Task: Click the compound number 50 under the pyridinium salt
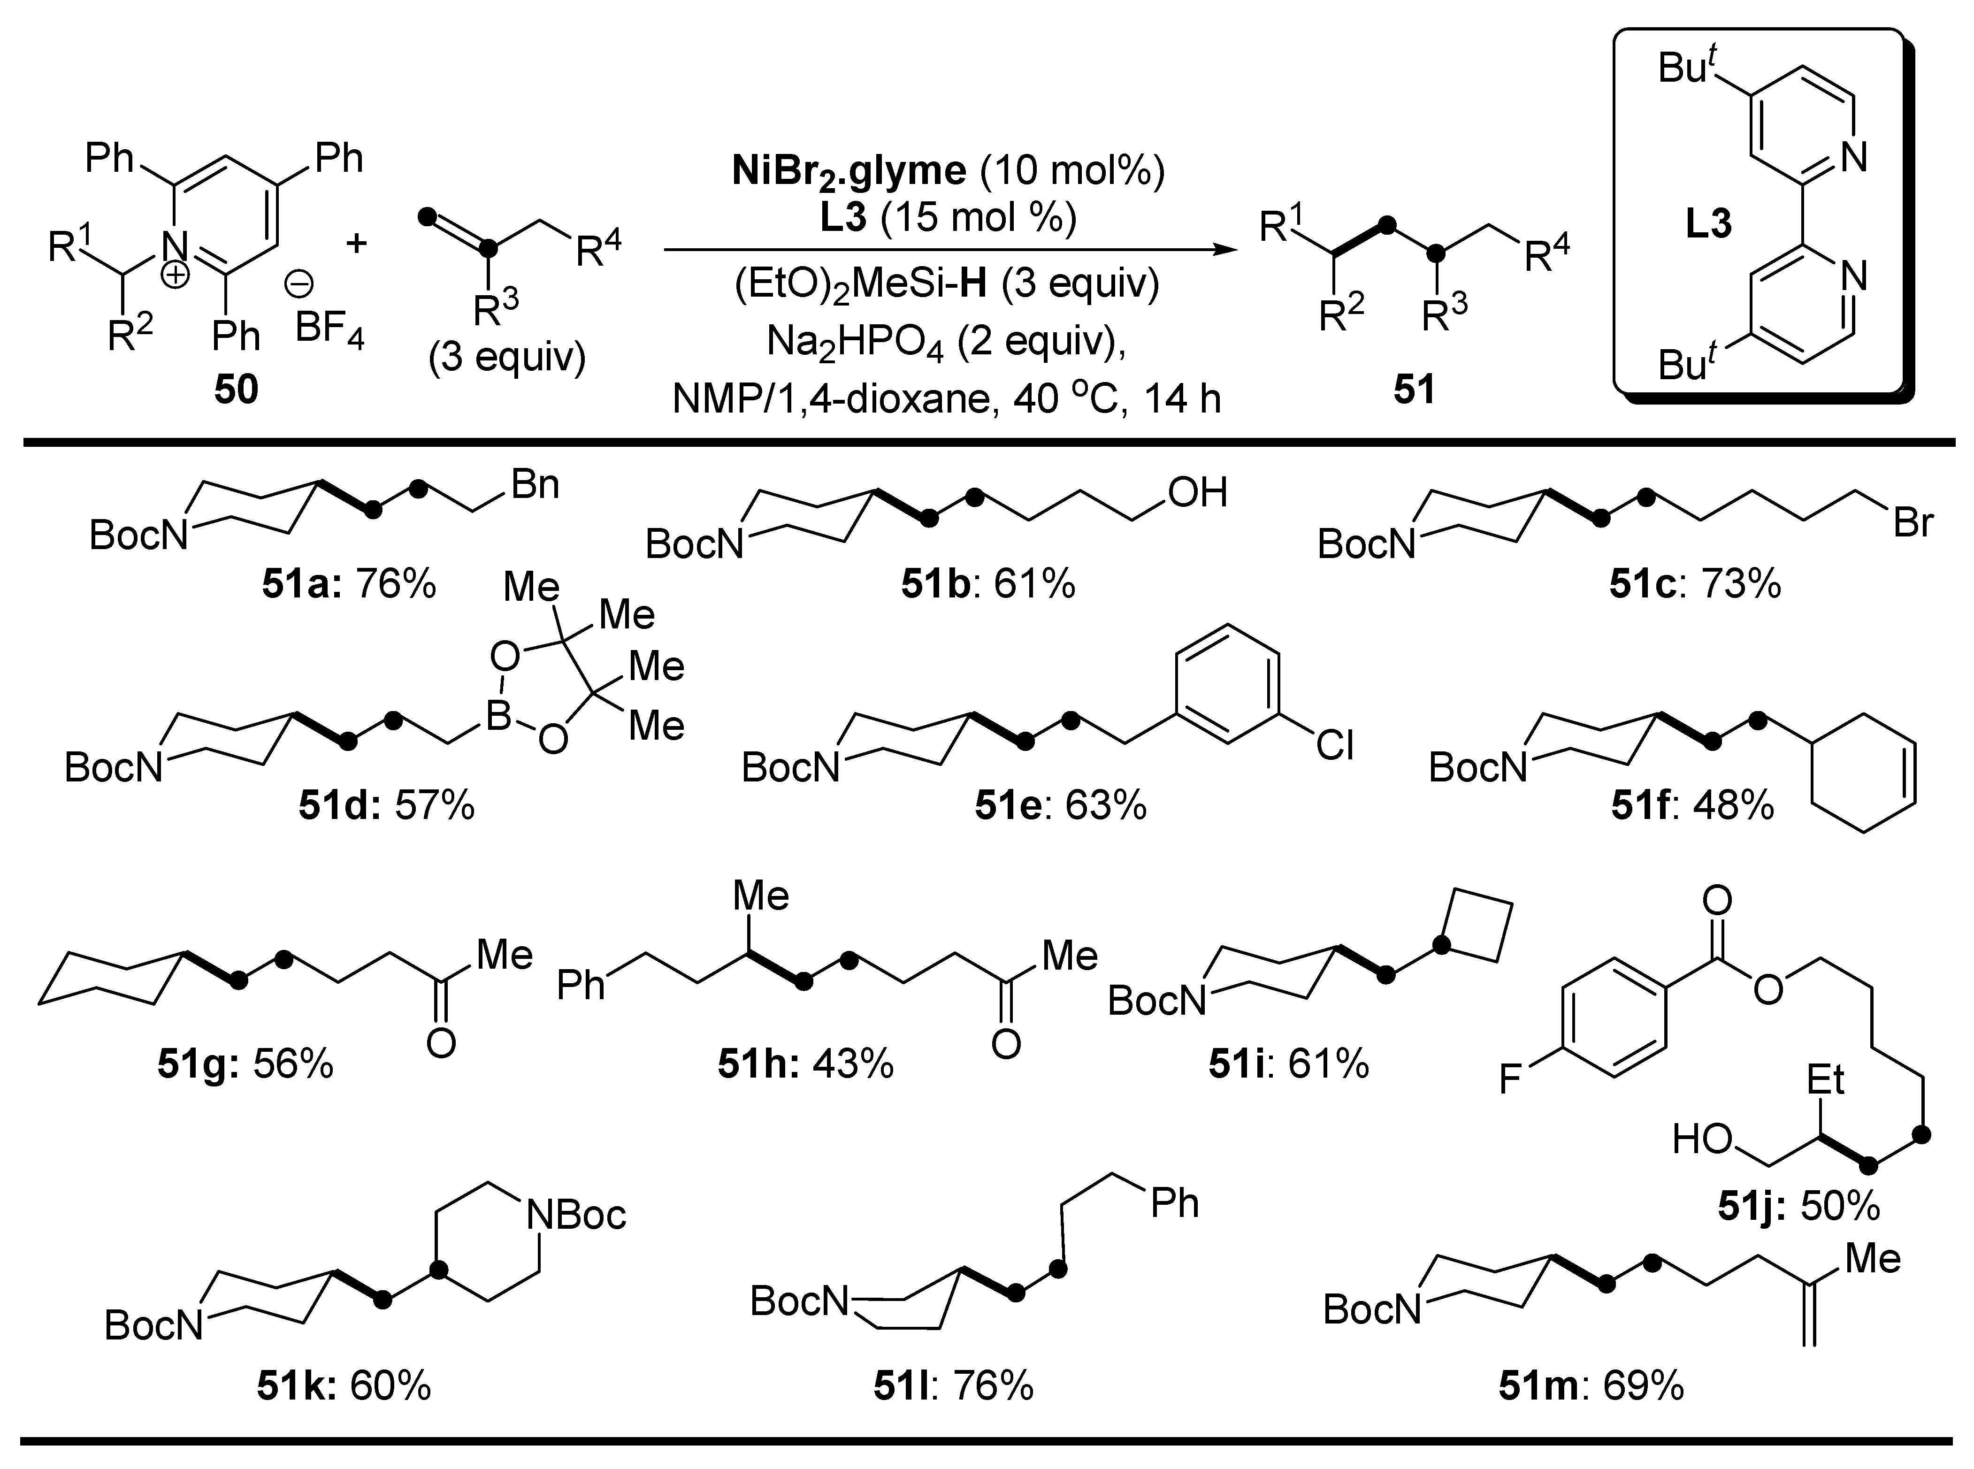click(x=236, y=390)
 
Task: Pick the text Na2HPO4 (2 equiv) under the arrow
click(x=946, y=342)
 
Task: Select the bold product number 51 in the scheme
click(x=1414, y=390)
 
